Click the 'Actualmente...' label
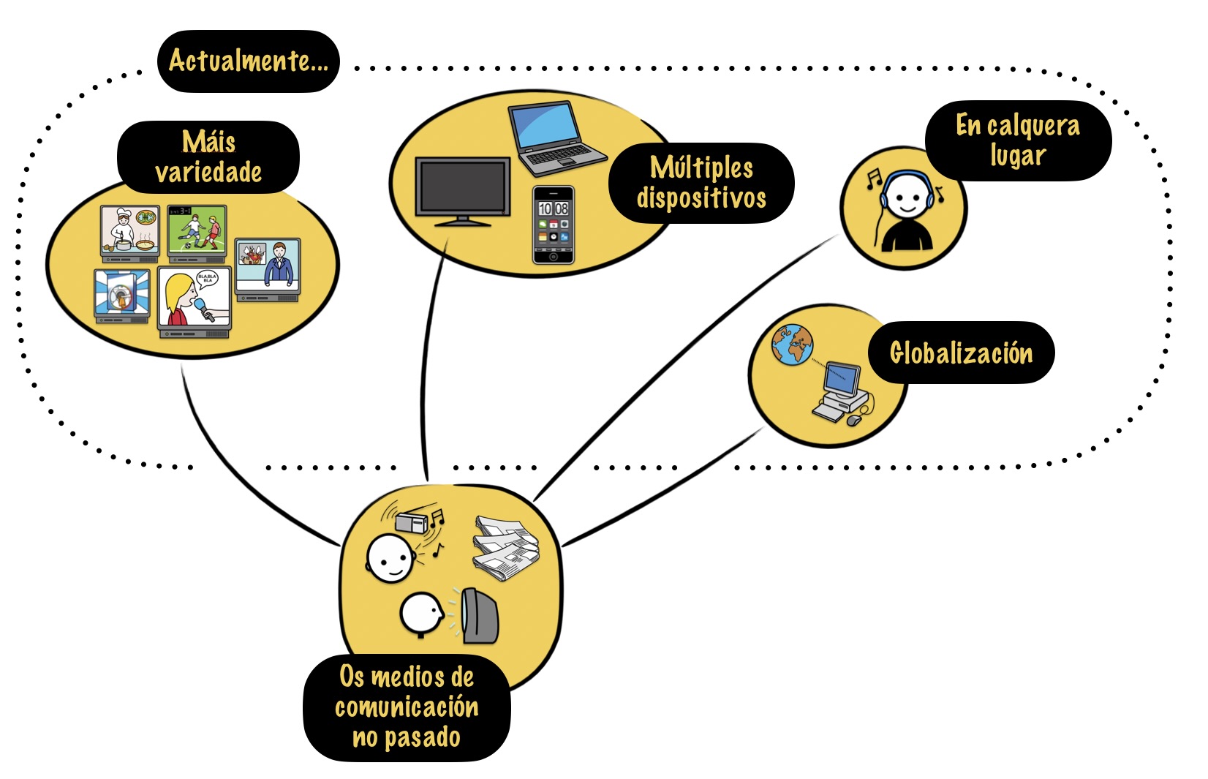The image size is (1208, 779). point(248,61)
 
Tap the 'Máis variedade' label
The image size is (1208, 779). point(208,157)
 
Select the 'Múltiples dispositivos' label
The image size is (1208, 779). point(701,183)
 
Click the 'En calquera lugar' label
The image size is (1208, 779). point(1018,140)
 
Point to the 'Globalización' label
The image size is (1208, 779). point(961,353)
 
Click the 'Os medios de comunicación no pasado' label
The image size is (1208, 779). point(407,707)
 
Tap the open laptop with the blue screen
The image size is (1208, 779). point(556,138)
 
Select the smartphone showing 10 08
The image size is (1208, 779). point(554,225)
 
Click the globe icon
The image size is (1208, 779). point(793,345)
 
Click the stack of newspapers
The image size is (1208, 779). point(506,548)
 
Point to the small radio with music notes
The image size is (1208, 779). point(412,522)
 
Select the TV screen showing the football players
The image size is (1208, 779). point(197,230)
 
